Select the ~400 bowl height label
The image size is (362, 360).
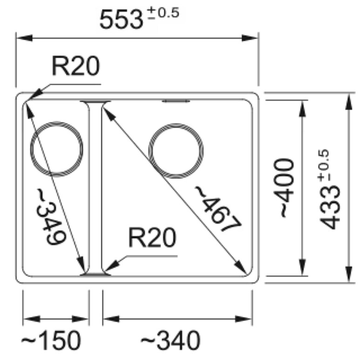coord(284,188)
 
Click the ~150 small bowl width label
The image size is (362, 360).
coord(51,340)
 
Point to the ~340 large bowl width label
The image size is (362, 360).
coord(170,340)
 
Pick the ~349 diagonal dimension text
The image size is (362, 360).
coord(51,217)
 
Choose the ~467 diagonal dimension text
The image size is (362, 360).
coord(218,209)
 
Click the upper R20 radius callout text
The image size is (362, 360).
coord(76,66)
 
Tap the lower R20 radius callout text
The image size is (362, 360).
coord(152,238)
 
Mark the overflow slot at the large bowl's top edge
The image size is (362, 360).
coord(176,101)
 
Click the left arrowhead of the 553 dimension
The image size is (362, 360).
coord(25,38)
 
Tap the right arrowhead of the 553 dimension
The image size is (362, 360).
coord(250,38)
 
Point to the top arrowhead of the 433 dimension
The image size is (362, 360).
coord(349,101)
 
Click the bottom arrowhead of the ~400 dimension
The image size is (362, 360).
coord(302,268)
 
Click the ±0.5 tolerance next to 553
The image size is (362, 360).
coord(163,13)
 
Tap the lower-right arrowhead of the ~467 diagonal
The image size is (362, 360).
coord(241,266)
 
